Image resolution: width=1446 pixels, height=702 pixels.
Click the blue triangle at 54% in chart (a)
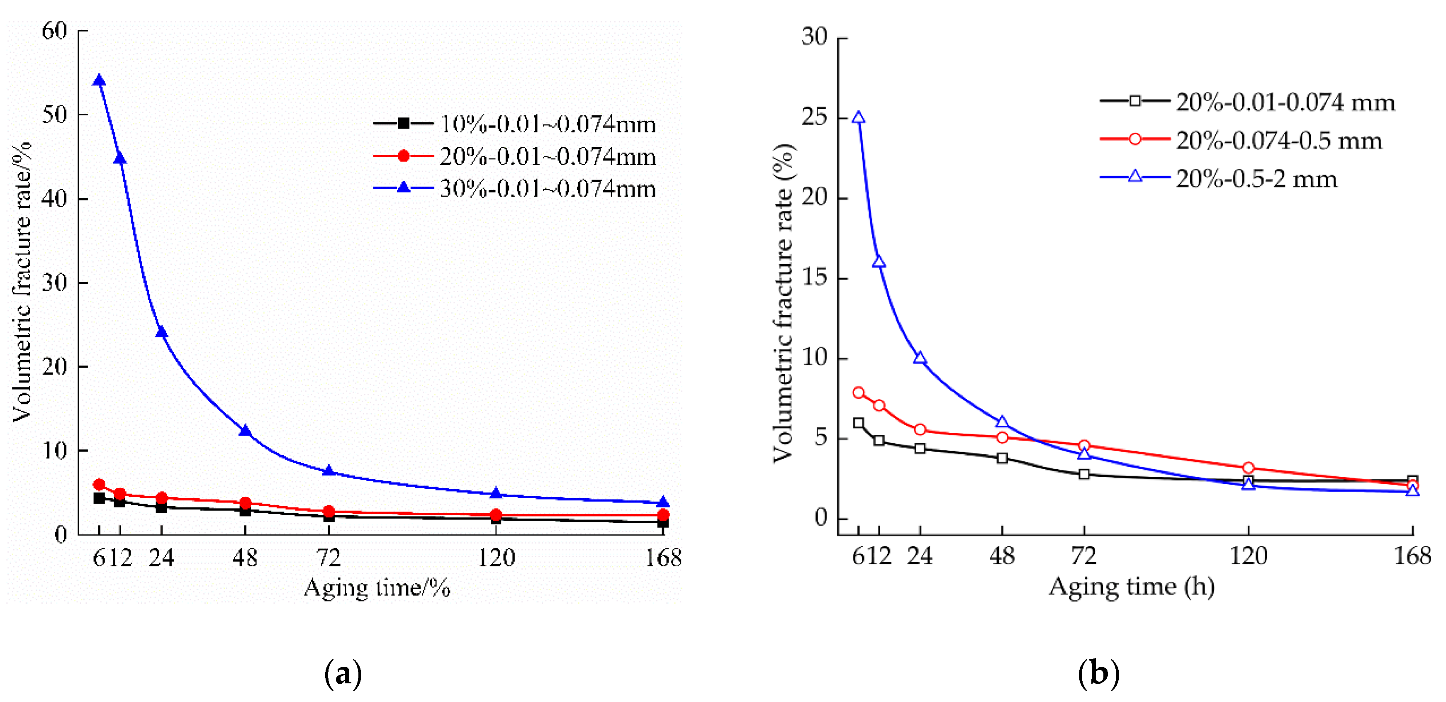100,81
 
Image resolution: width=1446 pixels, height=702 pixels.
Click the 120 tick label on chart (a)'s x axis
496,558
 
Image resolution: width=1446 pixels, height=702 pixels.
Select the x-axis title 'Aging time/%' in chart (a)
377,588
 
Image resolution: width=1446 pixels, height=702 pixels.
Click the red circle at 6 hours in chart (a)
100,484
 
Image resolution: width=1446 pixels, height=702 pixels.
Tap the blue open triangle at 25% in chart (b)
858,118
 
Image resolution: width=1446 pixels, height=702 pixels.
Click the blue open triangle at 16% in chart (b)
879,262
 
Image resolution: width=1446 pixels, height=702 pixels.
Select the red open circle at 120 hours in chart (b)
1249,468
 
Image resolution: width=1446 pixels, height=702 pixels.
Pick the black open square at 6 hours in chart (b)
858,423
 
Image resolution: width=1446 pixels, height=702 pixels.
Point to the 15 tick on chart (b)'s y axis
815,278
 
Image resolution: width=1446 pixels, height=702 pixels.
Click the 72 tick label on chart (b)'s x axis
1084,556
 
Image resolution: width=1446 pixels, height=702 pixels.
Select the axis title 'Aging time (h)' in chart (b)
1132,587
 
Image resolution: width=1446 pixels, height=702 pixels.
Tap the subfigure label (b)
1098,673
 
